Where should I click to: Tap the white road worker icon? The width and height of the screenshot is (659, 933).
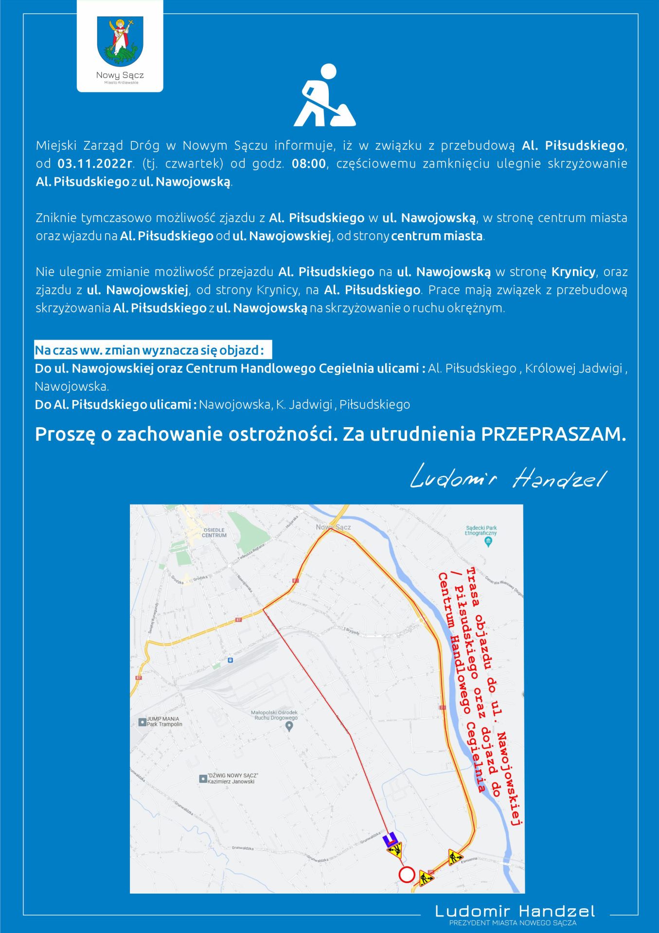point(324,96)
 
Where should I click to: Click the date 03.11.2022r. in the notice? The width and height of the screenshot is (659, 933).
point(95,164)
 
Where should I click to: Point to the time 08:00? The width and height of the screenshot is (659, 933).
point(308,164)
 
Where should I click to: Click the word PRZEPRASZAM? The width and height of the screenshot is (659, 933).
point(553,434)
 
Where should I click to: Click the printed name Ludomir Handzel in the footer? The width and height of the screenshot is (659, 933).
point(515,911)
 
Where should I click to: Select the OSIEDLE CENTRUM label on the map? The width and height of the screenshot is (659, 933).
point(214,532)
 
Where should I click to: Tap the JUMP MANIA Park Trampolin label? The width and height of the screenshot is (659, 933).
point(164,721)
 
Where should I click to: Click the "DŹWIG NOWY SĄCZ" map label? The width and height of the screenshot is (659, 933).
point(232,778)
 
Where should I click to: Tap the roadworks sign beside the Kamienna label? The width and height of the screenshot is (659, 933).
point(455,857)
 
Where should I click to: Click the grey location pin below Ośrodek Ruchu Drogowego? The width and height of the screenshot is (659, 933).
point(289,726)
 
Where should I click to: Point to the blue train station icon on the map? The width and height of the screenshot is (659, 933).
point(230,660)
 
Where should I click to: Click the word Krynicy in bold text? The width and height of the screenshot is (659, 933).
point(573,272)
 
